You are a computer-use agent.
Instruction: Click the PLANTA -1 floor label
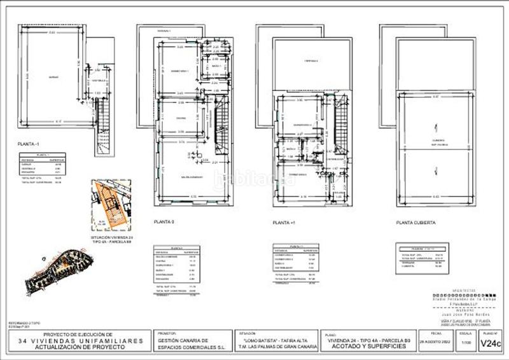point(29,144)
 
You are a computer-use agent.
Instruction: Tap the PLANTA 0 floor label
point(164,222)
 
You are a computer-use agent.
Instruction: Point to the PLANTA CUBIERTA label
point(415,223)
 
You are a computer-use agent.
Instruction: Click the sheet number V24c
point(490,343)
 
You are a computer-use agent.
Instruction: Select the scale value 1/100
point(466,343)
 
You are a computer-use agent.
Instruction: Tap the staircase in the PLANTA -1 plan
point(100,127)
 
